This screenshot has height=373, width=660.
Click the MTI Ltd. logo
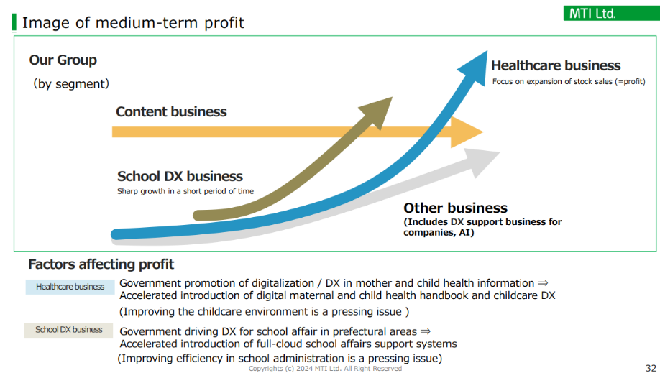point(611,14)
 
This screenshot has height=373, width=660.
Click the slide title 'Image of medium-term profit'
point(133,23)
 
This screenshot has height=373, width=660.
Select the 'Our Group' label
point(63,60)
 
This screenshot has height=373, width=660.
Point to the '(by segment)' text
point(71,83)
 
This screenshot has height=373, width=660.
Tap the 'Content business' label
point(171,111)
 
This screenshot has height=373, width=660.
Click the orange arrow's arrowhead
point(466,132)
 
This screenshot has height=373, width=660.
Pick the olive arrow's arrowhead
point(377,111)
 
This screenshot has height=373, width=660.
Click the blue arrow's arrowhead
point(475,68)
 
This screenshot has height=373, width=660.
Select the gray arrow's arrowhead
point(483,162)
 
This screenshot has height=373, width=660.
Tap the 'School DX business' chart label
point(180,176)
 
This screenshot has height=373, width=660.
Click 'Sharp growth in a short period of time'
point(185,191)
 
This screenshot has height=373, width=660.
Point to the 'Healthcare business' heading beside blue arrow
point(556,65)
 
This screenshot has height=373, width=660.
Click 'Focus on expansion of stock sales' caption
point(569,82)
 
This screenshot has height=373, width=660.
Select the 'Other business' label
point(455,208)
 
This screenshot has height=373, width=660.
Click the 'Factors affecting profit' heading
point(101,264)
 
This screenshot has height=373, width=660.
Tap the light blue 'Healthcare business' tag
point(70,287)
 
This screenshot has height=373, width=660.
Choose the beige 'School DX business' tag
point(68,330)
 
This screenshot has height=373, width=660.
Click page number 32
point(651,368)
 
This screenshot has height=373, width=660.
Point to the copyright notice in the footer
point(325,369)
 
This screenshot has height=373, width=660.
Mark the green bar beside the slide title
point(14,23)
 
